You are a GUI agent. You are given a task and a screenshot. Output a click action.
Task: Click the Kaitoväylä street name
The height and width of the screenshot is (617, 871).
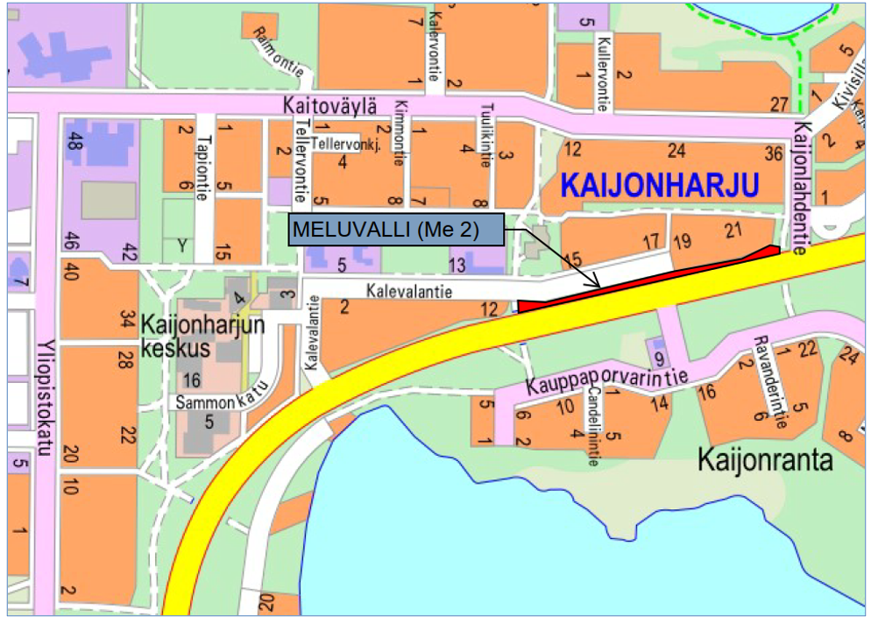[329, 105]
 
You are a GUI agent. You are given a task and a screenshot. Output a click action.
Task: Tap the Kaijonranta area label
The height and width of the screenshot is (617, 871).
[765, 459]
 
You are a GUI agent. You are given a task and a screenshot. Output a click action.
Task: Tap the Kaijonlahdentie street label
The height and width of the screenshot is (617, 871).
[799, 187]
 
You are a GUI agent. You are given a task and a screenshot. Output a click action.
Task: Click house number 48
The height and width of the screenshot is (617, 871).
[74, 138]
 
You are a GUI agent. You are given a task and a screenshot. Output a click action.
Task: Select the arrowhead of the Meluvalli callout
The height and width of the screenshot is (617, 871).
[596, 285]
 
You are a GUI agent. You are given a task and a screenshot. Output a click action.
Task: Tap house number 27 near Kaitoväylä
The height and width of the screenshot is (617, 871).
[779, 104]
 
